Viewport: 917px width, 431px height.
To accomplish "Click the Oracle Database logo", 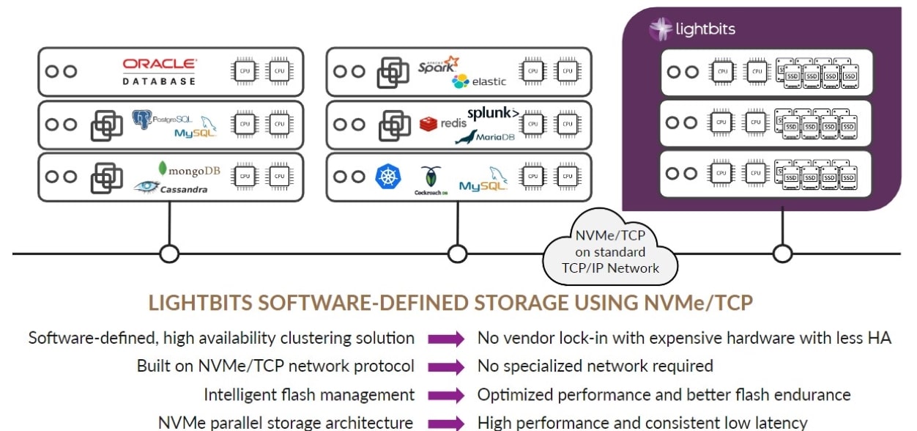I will click(x=159, y=72).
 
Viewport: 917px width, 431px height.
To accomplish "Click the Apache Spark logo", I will click(x=437, y=65).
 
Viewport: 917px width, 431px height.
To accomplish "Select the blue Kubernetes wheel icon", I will click(x=388, y=177).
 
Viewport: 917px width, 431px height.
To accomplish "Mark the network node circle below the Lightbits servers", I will click(x=783, y=254).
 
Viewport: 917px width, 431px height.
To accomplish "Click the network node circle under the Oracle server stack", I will click(x=170, y=254).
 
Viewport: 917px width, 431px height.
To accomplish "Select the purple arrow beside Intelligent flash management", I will click(x=447, y=395).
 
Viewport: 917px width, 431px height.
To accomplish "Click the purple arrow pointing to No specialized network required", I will click(x=447, y=366).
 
